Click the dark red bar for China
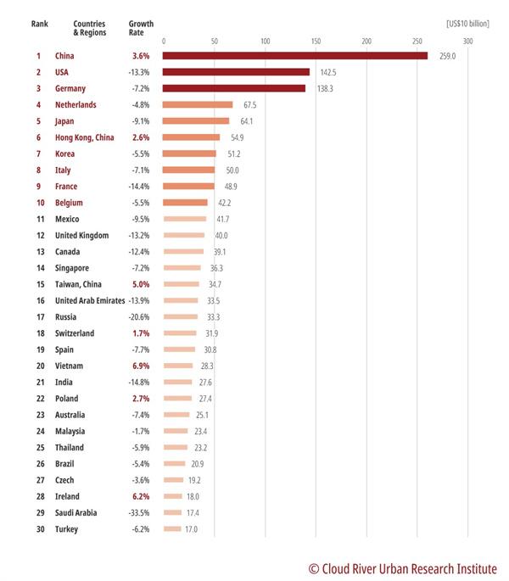[295, 56]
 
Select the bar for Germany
[234, 88]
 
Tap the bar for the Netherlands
[198, 105]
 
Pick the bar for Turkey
[172, 528]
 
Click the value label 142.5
[328, 72]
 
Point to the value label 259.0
[447, 56]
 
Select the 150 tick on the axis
[316, 41]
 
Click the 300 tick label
[467, 41]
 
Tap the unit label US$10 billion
[467, 24]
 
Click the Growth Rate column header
[141, 28]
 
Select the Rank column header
[40, 24]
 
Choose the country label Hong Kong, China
[85, 137]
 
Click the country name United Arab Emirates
[90, 300]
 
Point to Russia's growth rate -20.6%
[139, 317]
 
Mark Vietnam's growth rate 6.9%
[141, 366]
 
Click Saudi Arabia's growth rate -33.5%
[139, 513]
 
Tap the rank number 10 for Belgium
[41, 203]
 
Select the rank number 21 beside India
[41, 382]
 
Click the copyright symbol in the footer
[314, 569]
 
